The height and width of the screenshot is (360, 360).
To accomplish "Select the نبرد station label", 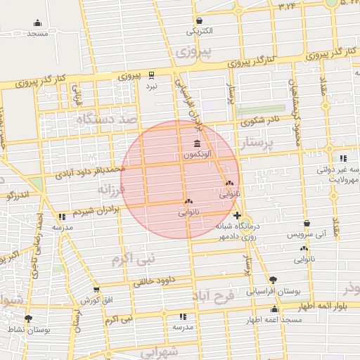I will point(152,85).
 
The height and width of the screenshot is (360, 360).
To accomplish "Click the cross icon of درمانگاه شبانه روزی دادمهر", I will point(237,214).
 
